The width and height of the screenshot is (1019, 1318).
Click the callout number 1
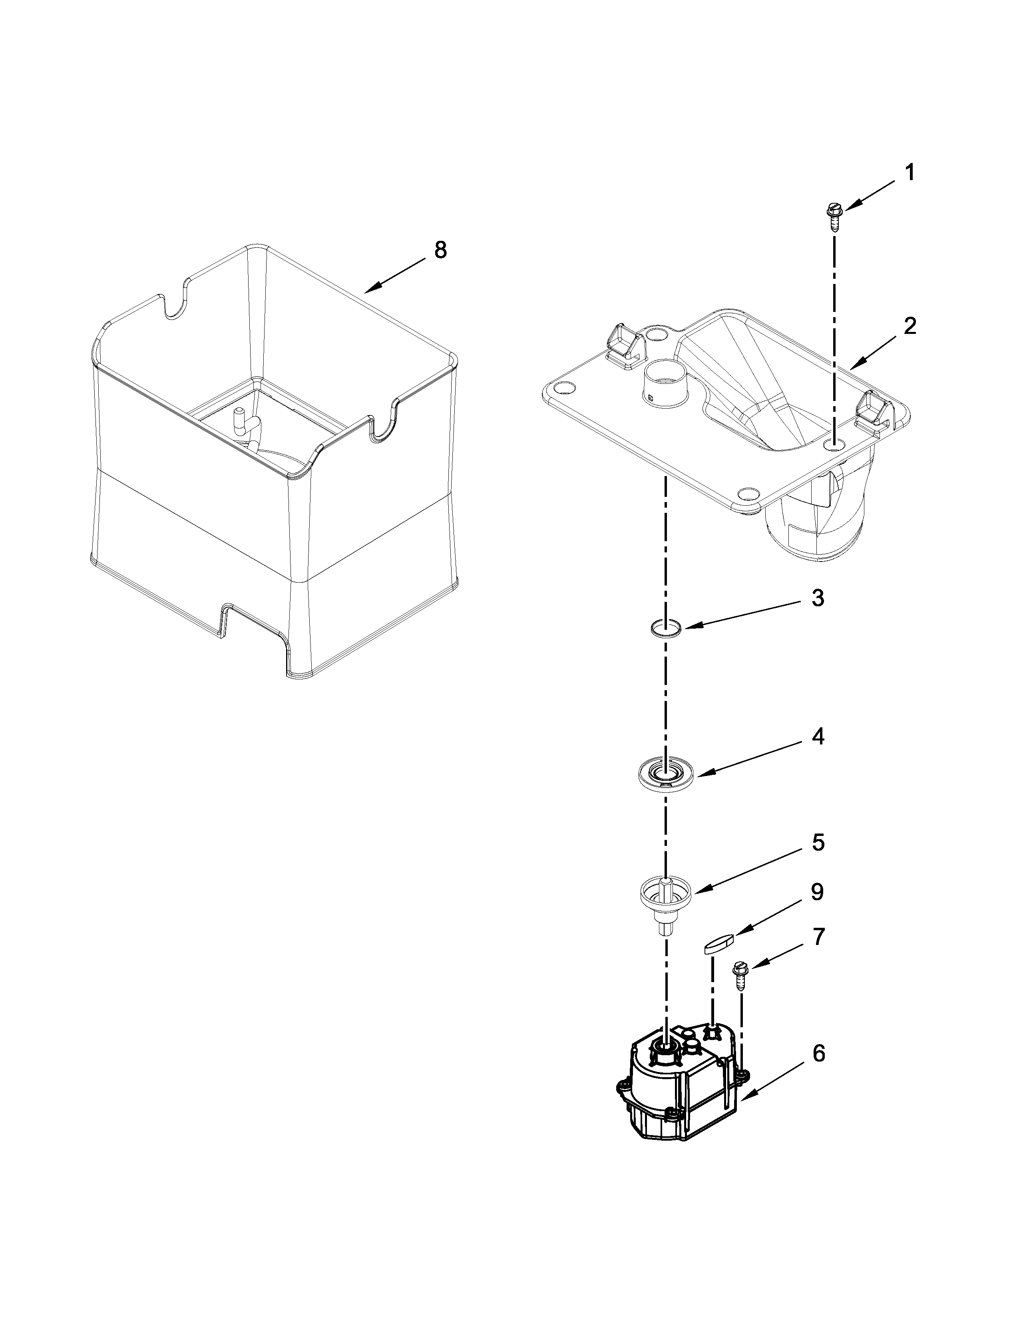coord(909,173)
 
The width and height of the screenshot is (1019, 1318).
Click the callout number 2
coord(910,326)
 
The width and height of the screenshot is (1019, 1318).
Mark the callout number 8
coord(441,249)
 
